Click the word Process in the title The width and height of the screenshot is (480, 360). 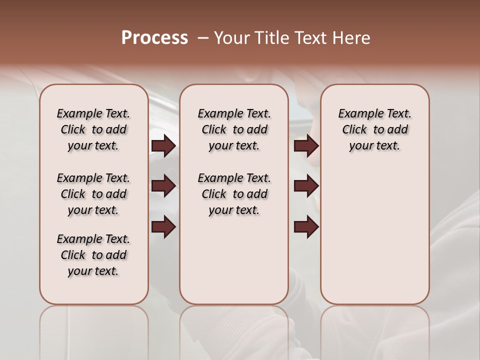click(154, 38)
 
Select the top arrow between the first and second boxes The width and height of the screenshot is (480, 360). click(163, 146)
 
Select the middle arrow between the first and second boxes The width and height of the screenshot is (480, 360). click(163, 186)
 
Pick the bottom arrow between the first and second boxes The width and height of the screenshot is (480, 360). click(163, 227)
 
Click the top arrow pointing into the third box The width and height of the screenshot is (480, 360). click(306, 146)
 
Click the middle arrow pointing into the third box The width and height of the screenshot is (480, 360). click(306, 186)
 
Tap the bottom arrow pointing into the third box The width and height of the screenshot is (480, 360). click(306, 227)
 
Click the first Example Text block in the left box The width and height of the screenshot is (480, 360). click(93, 129)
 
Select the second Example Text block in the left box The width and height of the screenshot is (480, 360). click(93, 194)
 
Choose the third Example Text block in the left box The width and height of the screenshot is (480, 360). click(93, 255)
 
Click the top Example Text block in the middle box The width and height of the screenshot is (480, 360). click(234, 129)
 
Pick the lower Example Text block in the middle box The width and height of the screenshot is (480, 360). click(234, 194)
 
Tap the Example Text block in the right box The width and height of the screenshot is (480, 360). click(374, 129)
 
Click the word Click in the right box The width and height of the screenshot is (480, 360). click(354, 130)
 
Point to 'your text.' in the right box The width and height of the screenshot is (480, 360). click(374, 146)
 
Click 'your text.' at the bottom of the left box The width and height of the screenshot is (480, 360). click(93, 271)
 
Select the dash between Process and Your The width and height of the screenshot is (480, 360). click(202, 38)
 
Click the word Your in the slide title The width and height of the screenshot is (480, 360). click(231, 38)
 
